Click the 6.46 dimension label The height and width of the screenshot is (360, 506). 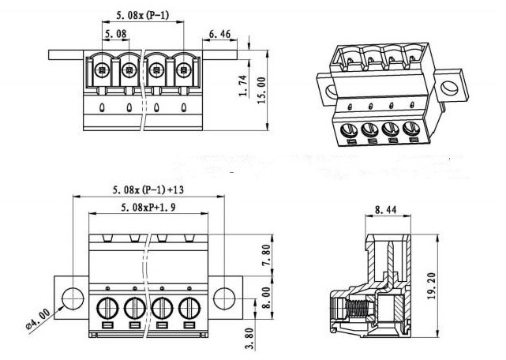point(219,34)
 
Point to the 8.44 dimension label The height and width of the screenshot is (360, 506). point(386,210)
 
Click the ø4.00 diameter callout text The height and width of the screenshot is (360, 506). point(38,319)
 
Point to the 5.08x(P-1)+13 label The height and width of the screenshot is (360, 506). point(148,189)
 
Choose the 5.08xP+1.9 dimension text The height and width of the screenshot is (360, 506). point(148,208)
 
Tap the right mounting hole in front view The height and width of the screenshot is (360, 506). point(224,298)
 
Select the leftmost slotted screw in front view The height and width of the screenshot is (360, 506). point(107,308)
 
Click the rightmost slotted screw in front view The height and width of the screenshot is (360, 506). point(189,308)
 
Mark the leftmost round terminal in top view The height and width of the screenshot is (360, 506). point(103,69)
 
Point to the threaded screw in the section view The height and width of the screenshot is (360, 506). point(359,309)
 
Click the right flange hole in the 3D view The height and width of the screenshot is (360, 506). point(449,88)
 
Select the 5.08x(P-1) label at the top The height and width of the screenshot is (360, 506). point(142,15)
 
